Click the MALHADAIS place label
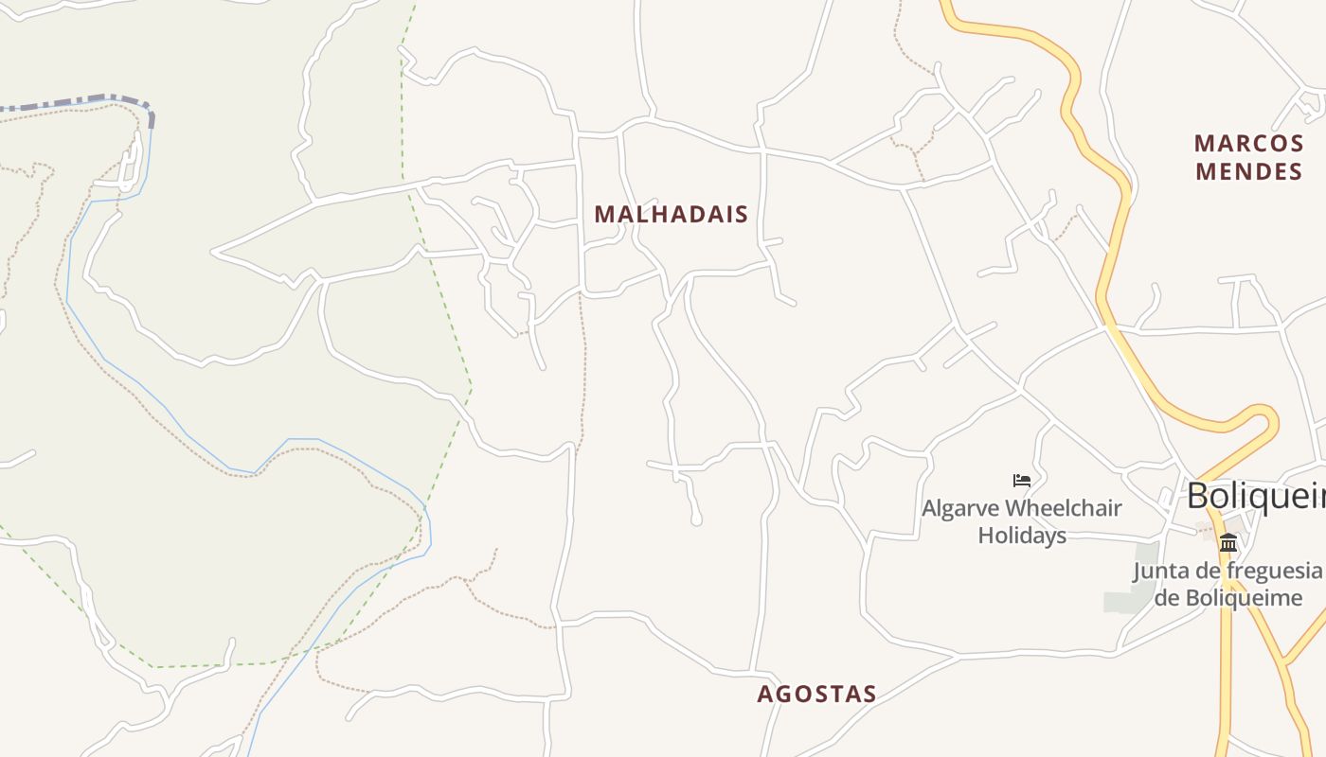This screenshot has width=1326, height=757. coord(671,215)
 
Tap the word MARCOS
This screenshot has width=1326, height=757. coord(1248,144)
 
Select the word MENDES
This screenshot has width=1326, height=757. coord(1248,172)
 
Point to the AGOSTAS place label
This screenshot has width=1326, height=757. coord(816,695)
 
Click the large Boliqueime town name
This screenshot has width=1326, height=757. coord(1255,496)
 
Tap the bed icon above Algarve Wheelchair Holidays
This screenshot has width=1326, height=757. coord(1021,481)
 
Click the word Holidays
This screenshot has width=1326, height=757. coord(1022,535)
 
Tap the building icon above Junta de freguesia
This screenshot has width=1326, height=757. coord(1228,542)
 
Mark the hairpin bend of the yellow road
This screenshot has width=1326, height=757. coord(1264,416)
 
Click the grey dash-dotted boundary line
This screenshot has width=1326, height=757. coord(85,100)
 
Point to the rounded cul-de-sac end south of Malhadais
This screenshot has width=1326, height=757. coord(696,519)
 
